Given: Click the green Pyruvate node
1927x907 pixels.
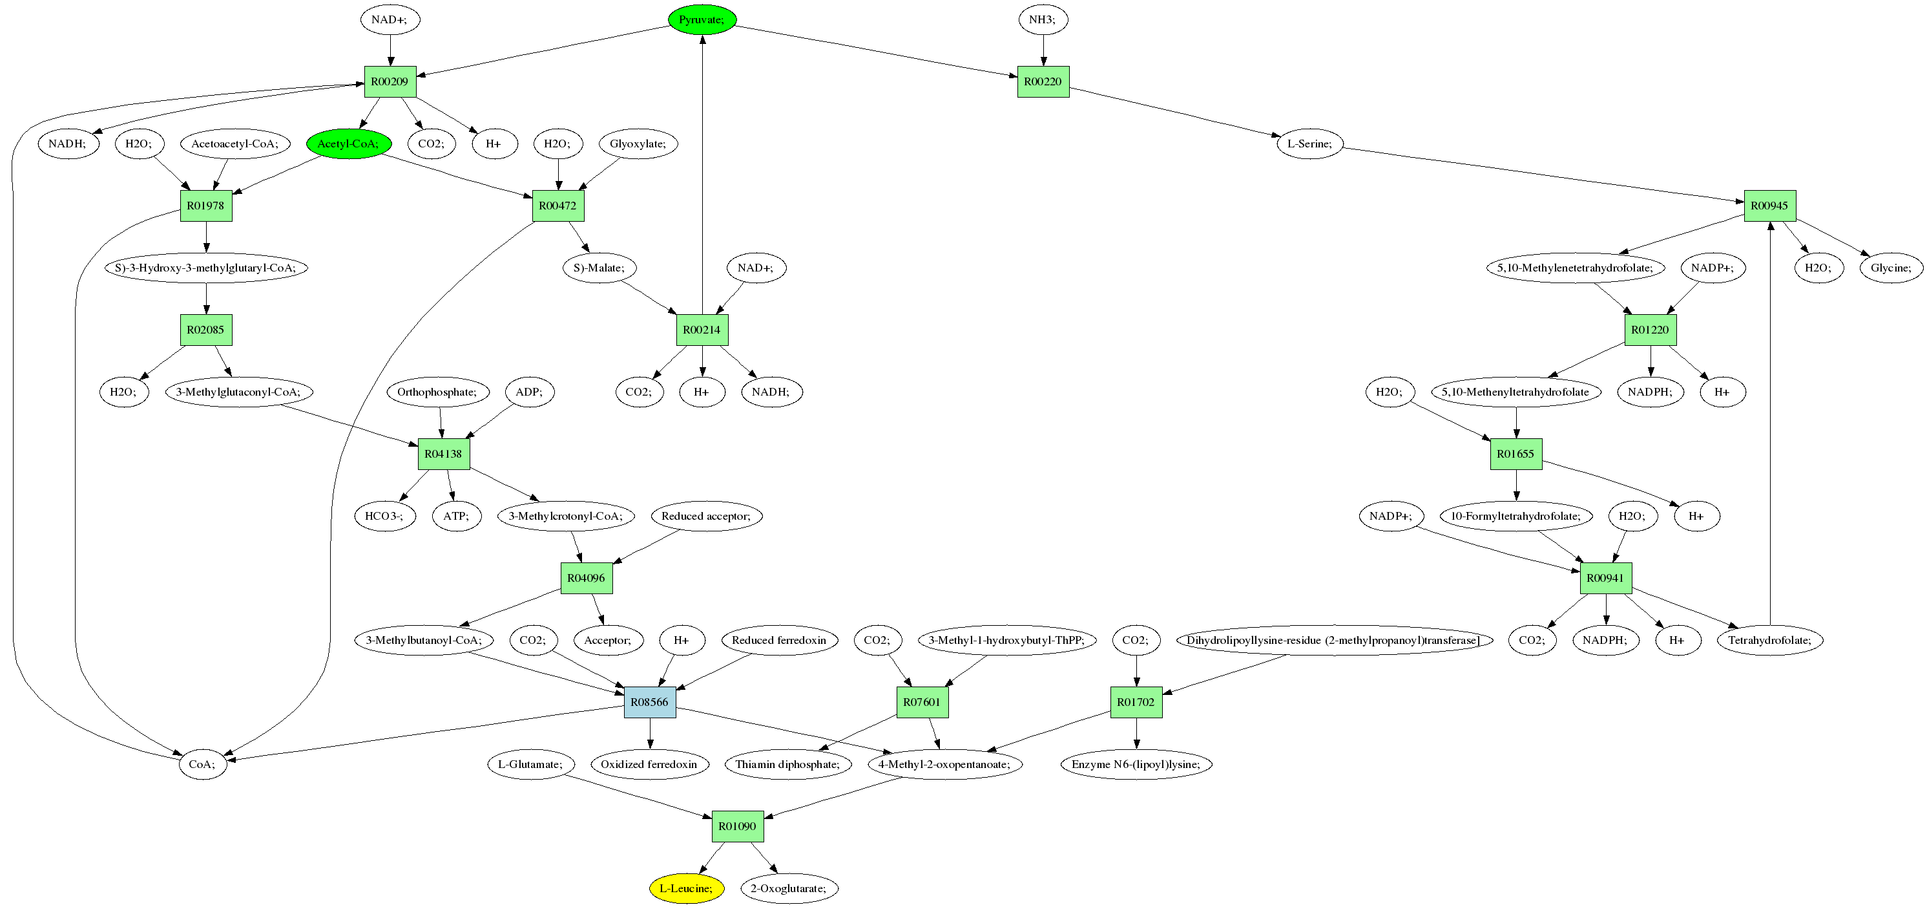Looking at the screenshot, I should pos(702,19).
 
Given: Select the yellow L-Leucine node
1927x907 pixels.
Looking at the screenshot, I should pos(686,888).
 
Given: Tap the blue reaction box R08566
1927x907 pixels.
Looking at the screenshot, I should pos(649,702).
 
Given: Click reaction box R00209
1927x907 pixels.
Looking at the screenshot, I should pos(390,81).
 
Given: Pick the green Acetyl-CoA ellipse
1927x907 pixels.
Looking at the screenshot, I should pos(349,144).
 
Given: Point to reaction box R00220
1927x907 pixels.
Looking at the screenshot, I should pos(1043,81).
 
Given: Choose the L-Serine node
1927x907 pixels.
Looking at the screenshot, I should pos(1309,144).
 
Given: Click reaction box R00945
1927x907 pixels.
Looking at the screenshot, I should pos(1769,206).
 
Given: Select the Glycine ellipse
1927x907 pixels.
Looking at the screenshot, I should pos(1890,268).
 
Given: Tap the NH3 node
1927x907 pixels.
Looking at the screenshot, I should pos(1043,19).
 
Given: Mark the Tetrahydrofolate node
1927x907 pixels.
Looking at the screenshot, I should pos(1769,640).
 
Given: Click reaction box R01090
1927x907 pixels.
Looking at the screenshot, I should pos(737,826).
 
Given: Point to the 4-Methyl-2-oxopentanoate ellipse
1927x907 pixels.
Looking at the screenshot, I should pos(944,764).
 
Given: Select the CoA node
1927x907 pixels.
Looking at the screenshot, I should pos(202,764).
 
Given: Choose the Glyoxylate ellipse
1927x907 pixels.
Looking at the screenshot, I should pos(638,144).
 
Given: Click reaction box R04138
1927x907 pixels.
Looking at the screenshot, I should pos(444,454).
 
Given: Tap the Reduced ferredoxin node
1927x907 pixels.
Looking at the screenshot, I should pos(778,640).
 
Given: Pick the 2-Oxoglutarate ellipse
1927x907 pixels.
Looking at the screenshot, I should pos(789,888).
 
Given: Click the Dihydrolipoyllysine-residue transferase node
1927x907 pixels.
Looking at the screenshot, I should pos(1334,640).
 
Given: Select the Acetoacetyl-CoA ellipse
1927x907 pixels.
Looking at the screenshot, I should pos(235,144).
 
